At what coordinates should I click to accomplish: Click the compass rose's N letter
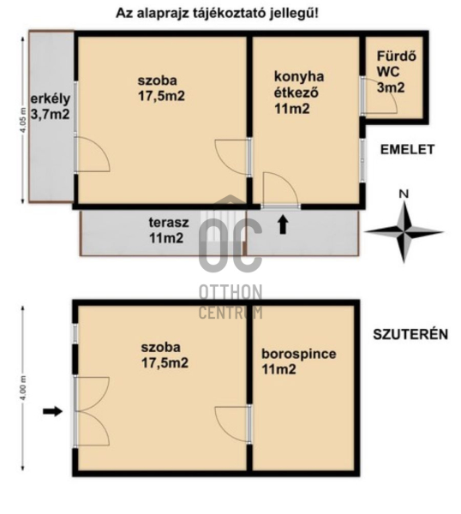404,194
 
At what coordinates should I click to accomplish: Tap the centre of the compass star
404,232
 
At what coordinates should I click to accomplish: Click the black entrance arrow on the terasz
284,225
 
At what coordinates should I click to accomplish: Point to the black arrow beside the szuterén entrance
52,411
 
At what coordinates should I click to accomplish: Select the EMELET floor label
407,149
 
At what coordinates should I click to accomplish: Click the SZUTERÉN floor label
410,334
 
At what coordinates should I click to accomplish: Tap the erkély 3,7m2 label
51,106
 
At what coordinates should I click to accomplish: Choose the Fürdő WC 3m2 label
396,72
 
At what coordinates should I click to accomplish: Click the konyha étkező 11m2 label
299,93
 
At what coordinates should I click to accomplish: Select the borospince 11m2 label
299,362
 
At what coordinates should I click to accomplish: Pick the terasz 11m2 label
169,230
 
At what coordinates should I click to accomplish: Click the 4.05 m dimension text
22,120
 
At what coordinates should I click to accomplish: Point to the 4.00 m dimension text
22,388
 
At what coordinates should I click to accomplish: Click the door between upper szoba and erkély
93,154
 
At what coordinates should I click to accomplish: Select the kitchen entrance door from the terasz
281,189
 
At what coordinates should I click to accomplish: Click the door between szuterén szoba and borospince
233,424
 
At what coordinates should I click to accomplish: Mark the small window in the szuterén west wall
75,334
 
